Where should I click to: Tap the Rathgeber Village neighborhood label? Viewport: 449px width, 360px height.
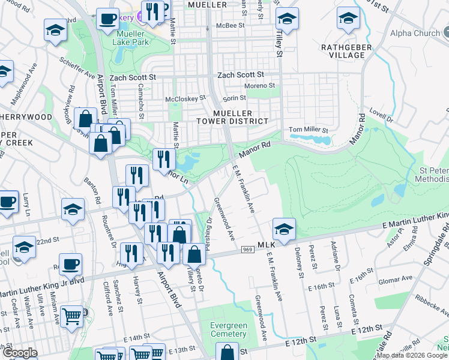point(343,51)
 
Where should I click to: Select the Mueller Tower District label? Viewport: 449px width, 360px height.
point(232,116)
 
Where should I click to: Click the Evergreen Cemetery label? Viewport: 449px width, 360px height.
point(229,329)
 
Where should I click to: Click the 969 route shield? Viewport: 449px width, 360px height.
point(247,249)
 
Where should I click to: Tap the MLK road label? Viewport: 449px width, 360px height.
point(265,245)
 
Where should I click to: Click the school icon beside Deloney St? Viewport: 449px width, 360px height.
point(284,228)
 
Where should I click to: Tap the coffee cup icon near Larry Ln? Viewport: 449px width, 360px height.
point(7,201)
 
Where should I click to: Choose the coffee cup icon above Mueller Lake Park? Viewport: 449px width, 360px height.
point(107,19)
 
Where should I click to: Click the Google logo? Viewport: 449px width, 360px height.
point(20,353)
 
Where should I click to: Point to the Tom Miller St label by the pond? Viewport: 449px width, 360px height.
point(309,130)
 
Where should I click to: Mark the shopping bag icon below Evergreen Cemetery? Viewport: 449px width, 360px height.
point(226,352)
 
